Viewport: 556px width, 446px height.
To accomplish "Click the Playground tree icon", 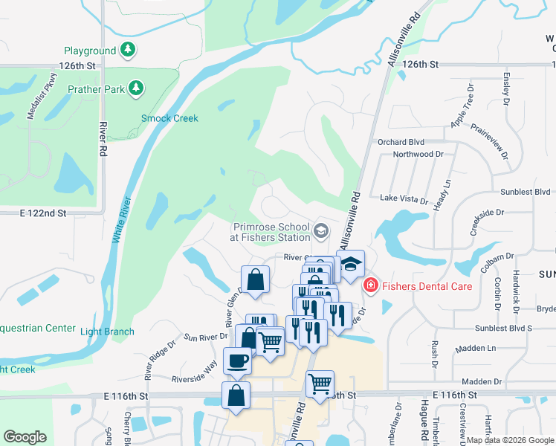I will point(129,51).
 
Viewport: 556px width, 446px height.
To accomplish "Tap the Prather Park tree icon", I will point(136,89).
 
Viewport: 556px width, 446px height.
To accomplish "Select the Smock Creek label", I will point(169,118).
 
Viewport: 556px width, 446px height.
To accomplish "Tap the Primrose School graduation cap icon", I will point(321,230).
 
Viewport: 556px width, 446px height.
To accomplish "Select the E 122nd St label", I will point(43,213).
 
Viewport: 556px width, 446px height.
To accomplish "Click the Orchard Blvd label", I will point(401,142).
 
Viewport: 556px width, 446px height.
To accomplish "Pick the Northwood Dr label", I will point(418,155).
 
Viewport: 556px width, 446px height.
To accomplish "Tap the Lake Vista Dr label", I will point(404,200).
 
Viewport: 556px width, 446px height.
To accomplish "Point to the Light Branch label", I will point(107,332).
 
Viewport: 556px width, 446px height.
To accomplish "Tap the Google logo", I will point(25,437).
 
